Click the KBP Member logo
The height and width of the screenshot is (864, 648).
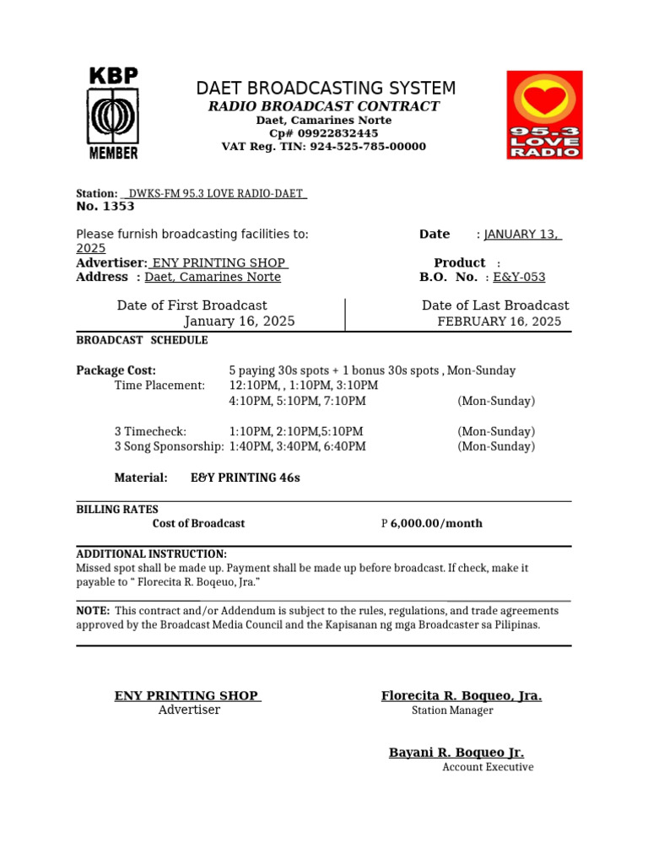pyautogui.click(x=113, y=114)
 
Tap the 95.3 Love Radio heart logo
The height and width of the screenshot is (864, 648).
pyautogui.click(x=544, y=115)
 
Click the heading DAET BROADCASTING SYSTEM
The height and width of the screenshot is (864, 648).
pyautogui.click(x=326, y=89)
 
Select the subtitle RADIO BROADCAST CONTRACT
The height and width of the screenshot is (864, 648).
pyautogui.click(x=324, y=106)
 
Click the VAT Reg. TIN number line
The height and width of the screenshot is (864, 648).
pyautogui.click(x=324, y=147)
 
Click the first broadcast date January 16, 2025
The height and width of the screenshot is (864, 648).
pyautogui.click(x=240, y=321)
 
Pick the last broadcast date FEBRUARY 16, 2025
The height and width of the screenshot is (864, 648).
pyautogui.click(x=499, y=321)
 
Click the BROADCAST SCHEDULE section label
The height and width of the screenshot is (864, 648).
pyautogui.click(x=142, y=340)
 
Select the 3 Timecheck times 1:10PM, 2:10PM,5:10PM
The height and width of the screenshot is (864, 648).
pyautogui.click(x=295, y=431)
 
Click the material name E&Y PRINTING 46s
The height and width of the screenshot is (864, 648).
pyautogui.click(x=245, y=478)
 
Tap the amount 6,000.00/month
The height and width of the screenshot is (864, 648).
pyautogui.click(x=436, y=523)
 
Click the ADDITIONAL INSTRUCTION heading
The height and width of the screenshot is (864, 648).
pyautogui.click(x=151, y=553)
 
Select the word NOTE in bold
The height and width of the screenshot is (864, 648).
pyautogui.click(x=93, y=610)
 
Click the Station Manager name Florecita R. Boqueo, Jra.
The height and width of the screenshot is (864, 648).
pyautogui.click(x=461, y=695)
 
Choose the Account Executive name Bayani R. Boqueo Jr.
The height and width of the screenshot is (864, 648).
pyautogui.click(x=456, y=752)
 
